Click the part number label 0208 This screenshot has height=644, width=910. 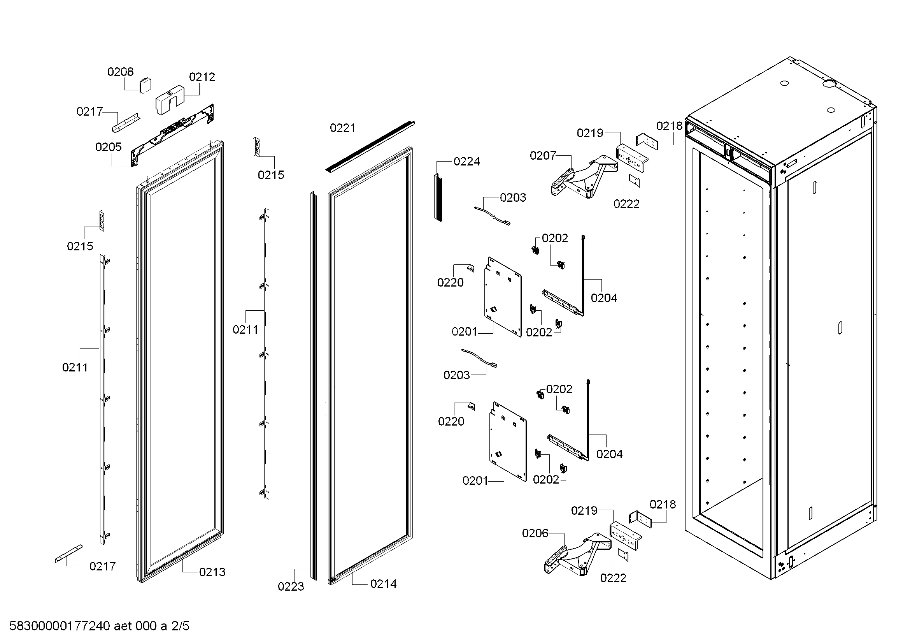click(x=121, y=72)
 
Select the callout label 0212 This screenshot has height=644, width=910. click(x=202, y=77)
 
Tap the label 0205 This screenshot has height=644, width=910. click(x=108, y=147)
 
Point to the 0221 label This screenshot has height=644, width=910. click(x=343, y=128)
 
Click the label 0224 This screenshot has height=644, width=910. click(x=466, y=162)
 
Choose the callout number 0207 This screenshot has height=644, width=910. click(x=543, y=156)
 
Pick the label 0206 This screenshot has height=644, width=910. click(x=535, y=533)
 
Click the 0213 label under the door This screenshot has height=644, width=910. click(x=212, y=572)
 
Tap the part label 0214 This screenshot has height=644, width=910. click(x=383, y=584)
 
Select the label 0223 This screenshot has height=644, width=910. click(x=291, y=586)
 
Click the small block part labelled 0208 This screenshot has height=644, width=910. click(x=145, y=85)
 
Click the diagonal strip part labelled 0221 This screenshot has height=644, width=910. click(x=371, y=146)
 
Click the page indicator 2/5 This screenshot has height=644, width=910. click(x=180, y=626)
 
